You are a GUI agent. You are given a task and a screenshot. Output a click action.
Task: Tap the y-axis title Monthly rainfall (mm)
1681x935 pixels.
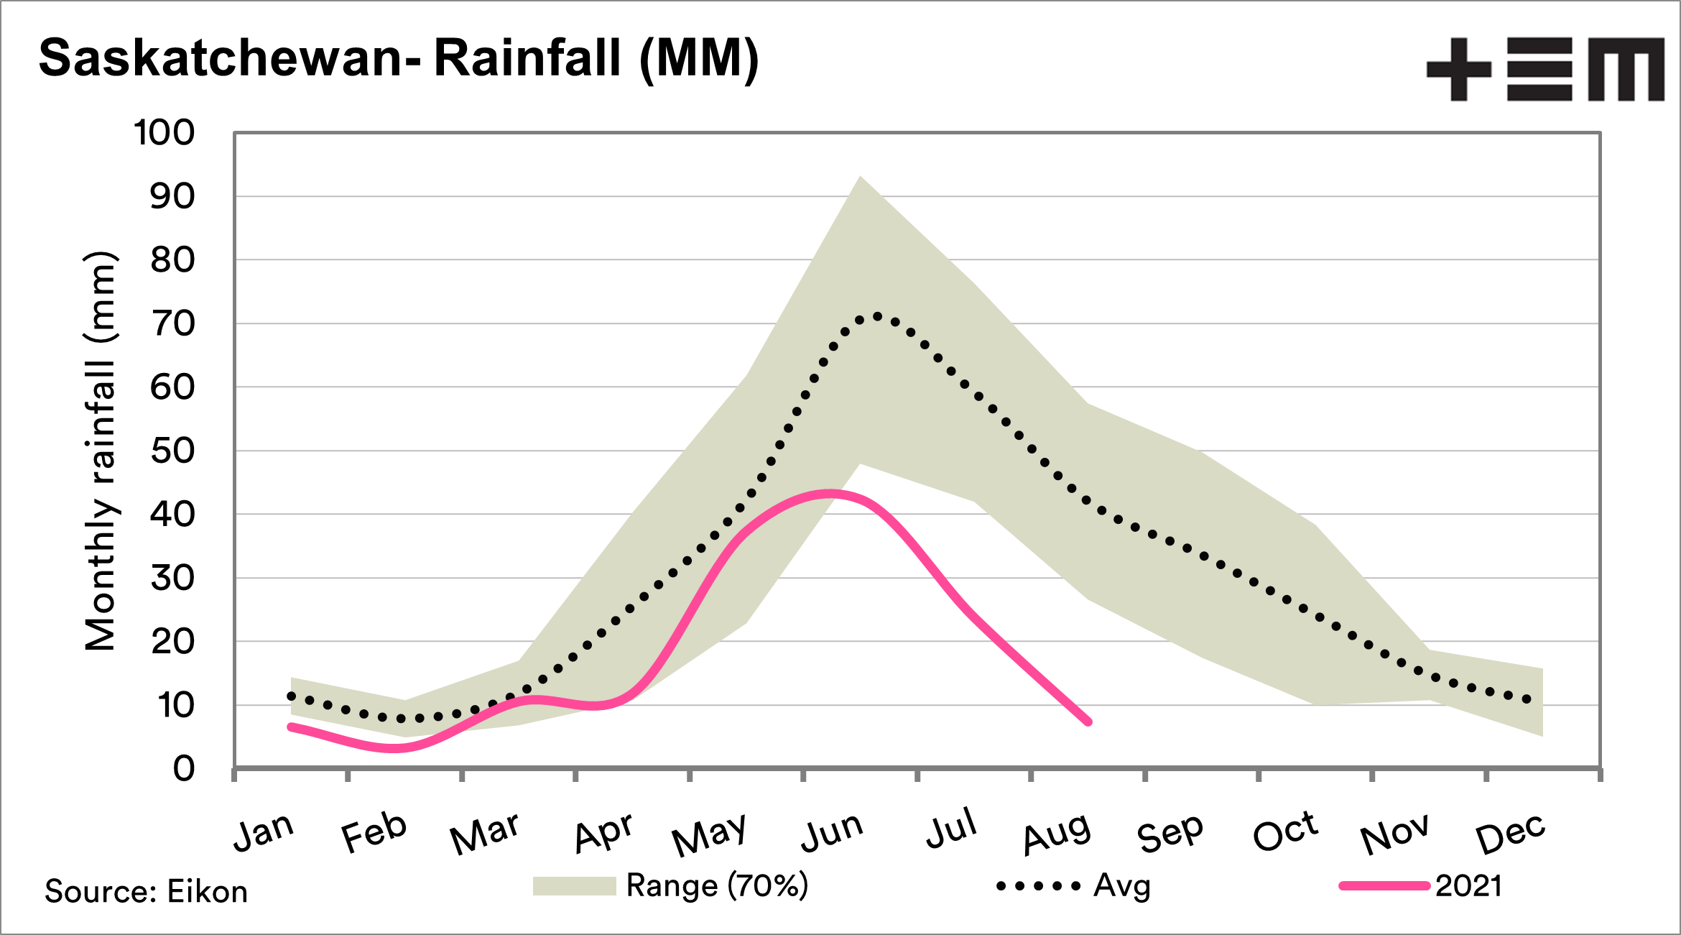point(100,451)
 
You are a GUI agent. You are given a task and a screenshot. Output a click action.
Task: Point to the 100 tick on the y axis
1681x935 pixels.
point(165,133)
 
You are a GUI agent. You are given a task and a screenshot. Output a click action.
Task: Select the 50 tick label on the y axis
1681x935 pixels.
point(172,451)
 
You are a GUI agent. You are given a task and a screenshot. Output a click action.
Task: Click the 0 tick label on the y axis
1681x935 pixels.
point(184,769)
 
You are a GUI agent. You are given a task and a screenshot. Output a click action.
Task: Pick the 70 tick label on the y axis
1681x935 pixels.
point(172,324)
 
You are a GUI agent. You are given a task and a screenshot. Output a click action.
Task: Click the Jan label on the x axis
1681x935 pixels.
point(264,832)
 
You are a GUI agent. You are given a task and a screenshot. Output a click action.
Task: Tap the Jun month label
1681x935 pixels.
point(832,832)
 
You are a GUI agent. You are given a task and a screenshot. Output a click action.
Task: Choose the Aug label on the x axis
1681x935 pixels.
point(1057,834)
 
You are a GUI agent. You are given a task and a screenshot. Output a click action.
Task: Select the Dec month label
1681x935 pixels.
point(1510,834)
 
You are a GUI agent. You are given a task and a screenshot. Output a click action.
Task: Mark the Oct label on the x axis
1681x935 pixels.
point(1285,832)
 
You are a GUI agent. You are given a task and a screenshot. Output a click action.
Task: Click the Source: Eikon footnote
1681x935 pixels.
point(147,892)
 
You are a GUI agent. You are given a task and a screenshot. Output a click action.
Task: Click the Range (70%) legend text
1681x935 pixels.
point(717,885)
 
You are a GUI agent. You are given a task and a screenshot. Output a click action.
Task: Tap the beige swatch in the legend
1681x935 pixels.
point(574,886)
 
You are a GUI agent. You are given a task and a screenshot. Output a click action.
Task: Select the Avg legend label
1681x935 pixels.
point(1121,886)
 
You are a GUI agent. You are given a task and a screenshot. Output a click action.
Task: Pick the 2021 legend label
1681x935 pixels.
point(1468,886)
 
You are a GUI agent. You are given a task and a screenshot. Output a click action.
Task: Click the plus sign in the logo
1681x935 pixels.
point(1458,69)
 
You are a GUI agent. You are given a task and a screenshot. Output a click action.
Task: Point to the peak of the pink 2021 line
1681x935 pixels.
point(830,494)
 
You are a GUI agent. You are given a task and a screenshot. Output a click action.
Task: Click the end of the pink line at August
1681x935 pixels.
point(1088,722)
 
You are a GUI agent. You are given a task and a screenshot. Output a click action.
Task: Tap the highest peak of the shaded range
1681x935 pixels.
point(860,177)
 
